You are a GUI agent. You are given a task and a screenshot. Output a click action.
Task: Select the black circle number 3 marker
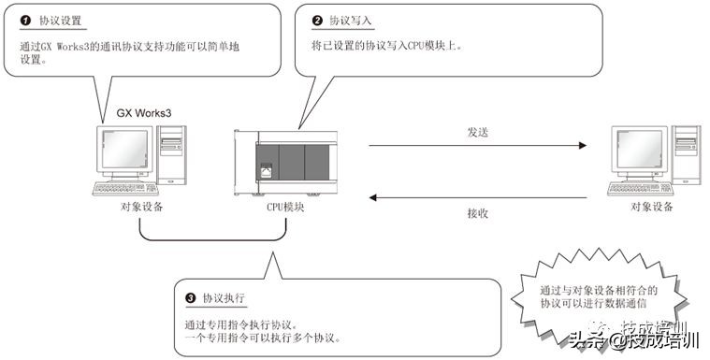click(x=191, y=298)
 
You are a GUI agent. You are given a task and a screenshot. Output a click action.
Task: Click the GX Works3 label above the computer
click(x=143, y=112)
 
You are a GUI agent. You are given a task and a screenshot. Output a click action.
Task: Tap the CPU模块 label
click(x=286, y=208)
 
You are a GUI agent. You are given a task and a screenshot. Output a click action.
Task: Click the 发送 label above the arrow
click(x=477, y=132)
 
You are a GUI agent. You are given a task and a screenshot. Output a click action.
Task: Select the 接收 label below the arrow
click(x=477, y=212)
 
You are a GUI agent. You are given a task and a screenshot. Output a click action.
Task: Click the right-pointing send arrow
click(x=477, y=146)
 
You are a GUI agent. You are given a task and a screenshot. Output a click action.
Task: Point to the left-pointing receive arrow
click(x=477, y=197)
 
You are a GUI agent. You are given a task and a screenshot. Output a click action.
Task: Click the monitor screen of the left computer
click(x=123, y=149)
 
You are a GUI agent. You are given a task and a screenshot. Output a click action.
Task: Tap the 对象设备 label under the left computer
click(x=142, y=208)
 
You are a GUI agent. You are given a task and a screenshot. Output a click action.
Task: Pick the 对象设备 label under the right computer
click(x=652, y=208)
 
